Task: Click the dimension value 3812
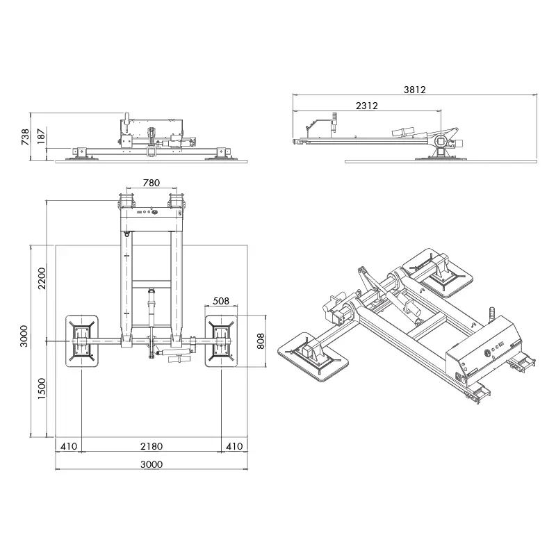[414, 89]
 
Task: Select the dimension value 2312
[366, 106]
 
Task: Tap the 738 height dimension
[26, 136]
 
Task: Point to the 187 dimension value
[40, 136]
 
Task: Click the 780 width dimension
[151, 183]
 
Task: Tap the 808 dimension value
[261, 340]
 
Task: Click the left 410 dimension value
[68, 445]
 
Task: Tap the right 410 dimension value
[234, 445]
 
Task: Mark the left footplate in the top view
[82, 341]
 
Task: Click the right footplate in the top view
[223, 341]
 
